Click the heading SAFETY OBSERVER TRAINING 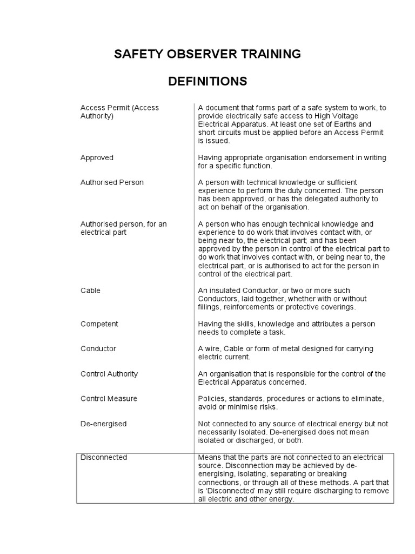point(207,54)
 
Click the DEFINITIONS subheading point(207,82)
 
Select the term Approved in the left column point(97,157)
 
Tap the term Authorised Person point(112,182)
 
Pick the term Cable point(90,291)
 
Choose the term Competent point(99,324)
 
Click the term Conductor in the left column point(98,349)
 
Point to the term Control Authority point(109,374)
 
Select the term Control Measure point(109,399)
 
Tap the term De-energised point(103,424)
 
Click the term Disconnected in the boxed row point(104,457)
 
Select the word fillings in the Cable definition point(211,307)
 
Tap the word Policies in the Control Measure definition point(211,399)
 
